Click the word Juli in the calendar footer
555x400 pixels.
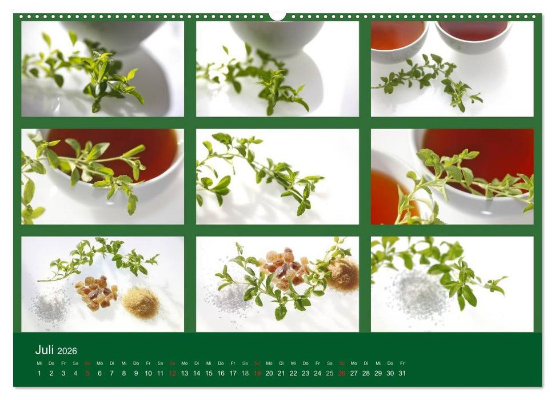45,350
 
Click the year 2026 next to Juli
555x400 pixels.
67,351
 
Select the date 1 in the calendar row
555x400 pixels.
39,373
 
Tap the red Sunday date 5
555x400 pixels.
87,373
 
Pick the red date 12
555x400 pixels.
173,373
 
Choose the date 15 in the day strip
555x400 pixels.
209,373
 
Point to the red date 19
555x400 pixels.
257,373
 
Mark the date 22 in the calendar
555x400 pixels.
293,373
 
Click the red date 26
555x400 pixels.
342,373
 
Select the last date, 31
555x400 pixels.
402,373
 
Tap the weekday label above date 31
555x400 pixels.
402,363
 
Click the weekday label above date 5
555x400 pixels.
87,363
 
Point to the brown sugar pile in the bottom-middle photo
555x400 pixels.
343,274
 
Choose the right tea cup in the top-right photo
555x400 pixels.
473,35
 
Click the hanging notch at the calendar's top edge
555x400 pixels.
277,17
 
